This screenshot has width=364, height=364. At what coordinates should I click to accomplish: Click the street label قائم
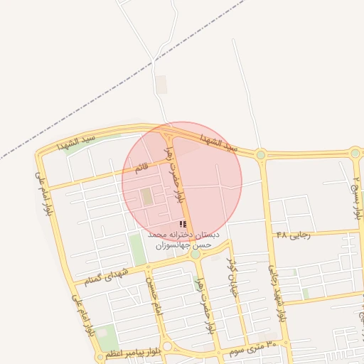tap(142, 168)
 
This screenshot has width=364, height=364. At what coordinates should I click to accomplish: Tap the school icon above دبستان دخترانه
tap(183, 224)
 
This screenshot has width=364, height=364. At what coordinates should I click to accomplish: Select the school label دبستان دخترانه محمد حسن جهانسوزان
tap(183, 239)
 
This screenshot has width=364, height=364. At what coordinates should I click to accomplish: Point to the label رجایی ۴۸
tap(293, 235)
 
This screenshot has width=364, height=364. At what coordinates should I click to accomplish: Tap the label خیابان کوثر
tap(232, 278)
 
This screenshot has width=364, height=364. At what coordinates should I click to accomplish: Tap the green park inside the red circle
tap(147, 197)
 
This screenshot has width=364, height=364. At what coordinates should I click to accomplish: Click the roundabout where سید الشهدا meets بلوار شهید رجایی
tap(261, 154)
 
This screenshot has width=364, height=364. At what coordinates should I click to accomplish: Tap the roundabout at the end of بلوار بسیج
tap(355, 152)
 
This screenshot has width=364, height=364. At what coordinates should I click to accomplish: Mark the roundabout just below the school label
tap(195, 253)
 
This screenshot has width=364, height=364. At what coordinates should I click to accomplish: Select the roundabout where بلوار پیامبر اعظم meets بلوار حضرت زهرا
tap(168, 346)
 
